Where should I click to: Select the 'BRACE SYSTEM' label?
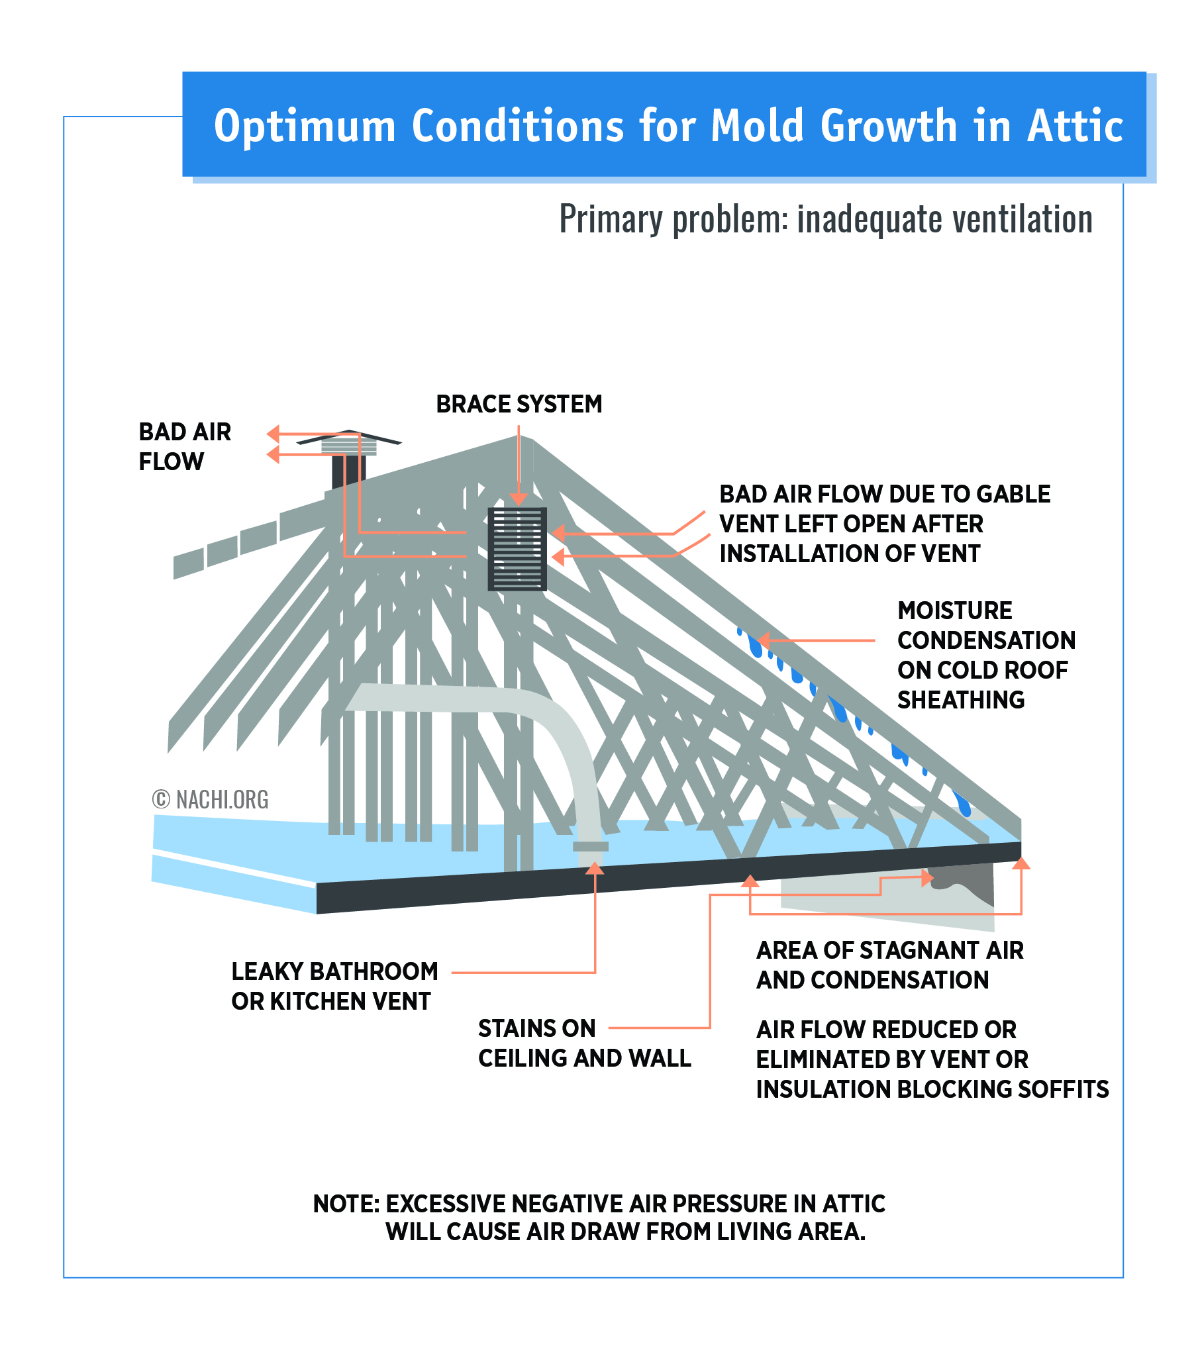pyautogui.click(x=519, y=404)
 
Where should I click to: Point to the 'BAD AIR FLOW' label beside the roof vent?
pyautogui.click(x=185, y=446)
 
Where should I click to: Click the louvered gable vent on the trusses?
pyautogui.click(x=517, y=549)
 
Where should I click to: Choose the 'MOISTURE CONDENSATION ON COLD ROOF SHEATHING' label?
pyautogui.click(x=986, y=655)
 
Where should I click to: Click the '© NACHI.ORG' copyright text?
pyautogui.click(x=210, y=799)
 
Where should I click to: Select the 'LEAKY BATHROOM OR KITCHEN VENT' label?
pyautogui.click(x=334, y=986)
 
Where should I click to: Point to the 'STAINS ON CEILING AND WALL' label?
pyautogui.click(x=584, y=1043)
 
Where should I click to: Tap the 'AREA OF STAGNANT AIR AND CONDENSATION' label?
pyautogui.click(x=889, y=965)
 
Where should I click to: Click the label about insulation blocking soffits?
pyautogui.click(x=932, y=1059)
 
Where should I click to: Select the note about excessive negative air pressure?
pyautogui.click(x=599, y=1217)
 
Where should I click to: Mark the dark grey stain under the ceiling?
pyautogui.click(x=962, y=883)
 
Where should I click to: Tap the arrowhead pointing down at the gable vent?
pyautogui.click(x=519, y=499)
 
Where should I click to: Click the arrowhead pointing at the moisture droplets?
pyautogui.click(x=764, y=640)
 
